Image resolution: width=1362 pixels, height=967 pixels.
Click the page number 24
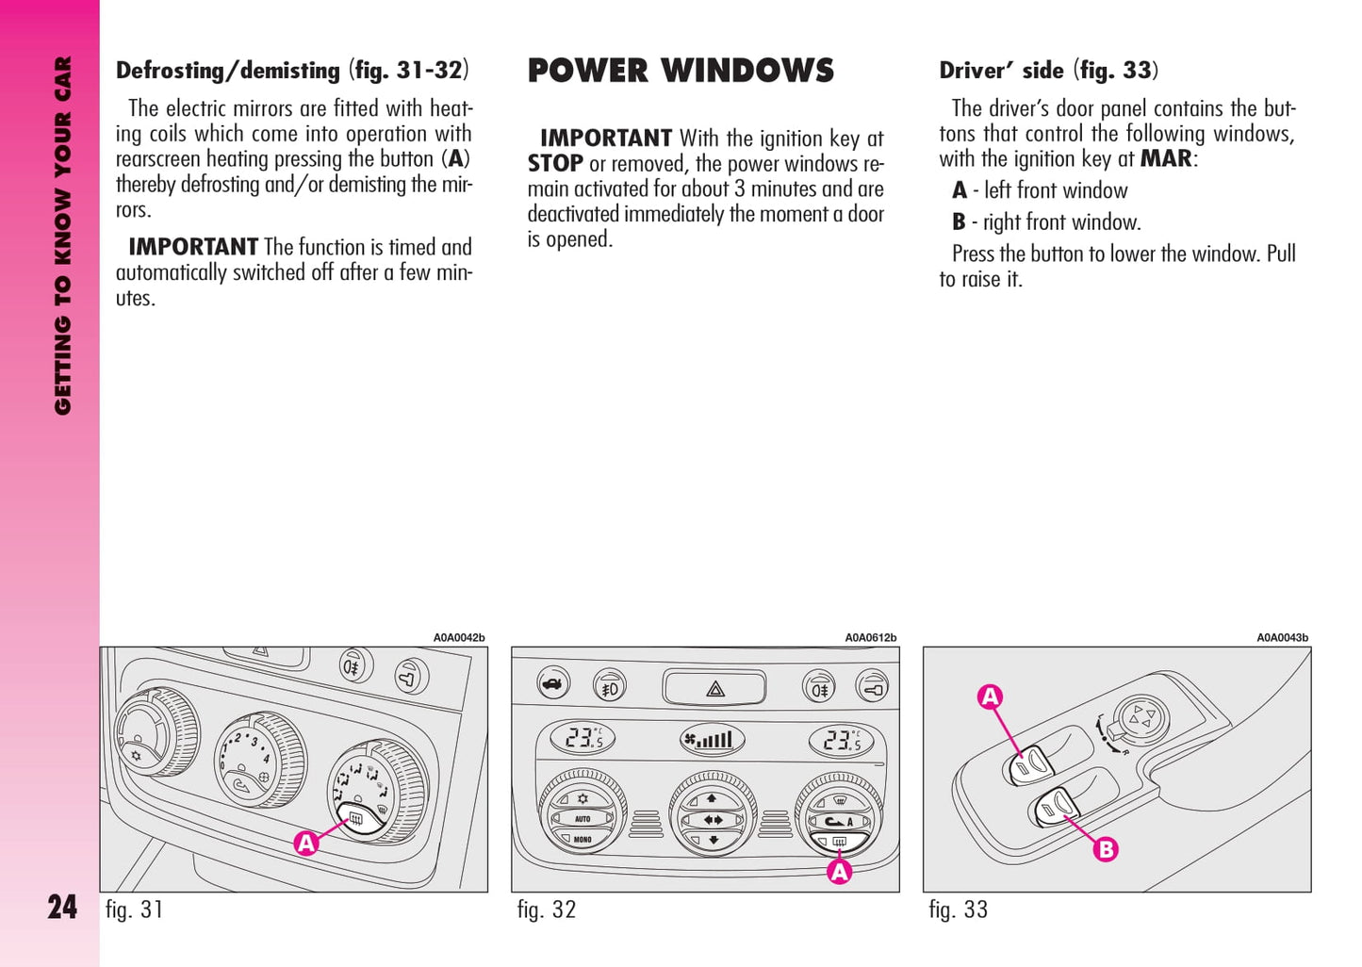click(62, 907)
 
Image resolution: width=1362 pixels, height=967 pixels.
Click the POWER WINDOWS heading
click(681, 71)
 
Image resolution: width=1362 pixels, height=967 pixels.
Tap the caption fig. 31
click(134, 910)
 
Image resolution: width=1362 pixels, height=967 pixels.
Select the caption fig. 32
click(546, 910)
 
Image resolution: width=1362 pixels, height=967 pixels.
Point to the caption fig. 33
click(958, 910)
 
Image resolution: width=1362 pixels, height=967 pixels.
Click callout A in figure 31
click(305, 843)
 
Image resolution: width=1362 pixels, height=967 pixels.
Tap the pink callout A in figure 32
click(839, 872)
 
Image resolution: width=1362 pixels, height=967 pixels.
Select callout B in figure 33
click(1106, 849)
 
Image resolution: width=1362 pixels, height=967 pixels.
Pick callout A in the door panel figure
click(990, 697)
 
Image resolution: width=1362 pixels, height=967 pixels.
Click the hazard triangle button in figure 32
click(714, 689)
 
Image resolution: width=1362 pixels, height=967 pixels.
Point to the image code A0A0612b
click(870, 638)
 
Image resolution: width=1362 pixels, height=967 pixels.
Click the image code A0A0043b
click(1282, 638)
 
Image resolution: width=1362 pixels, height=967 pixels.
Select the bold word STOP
click(555, 164)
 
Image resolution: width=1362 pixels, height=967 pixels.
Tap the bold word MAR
click(1166, 158)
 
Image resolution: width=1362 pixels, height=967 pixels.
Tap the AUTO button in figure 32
click(583, 819)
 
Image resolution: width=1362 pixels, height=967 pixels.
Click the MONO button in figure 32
click(583, 839)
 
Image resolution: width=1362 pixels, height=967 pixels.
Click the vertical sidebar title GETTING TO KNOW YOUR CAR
click(62, 236)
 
